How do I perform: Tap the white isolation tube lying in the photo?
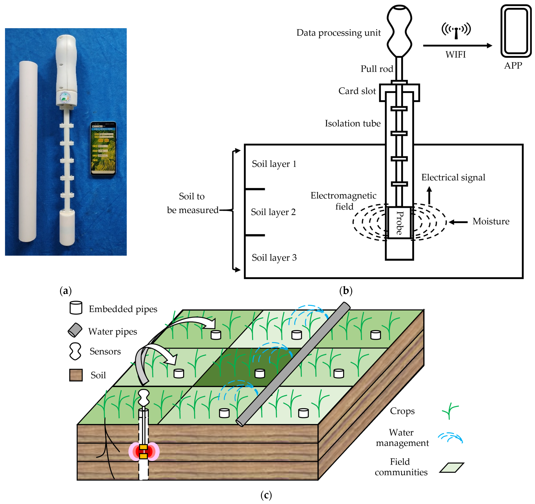tap(28, 151)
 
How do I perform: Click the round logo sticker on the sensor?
tap(65, 98)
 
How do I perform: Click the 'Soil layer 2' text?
tap(273, 212)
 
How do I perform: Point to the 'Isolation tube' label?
tap(353, 123)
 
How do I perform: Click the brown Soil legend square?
tap(76, 375)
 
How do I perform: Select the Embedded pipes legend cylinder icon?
tap(76, 308)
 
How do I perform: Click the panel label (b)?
tap(346, 291)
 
